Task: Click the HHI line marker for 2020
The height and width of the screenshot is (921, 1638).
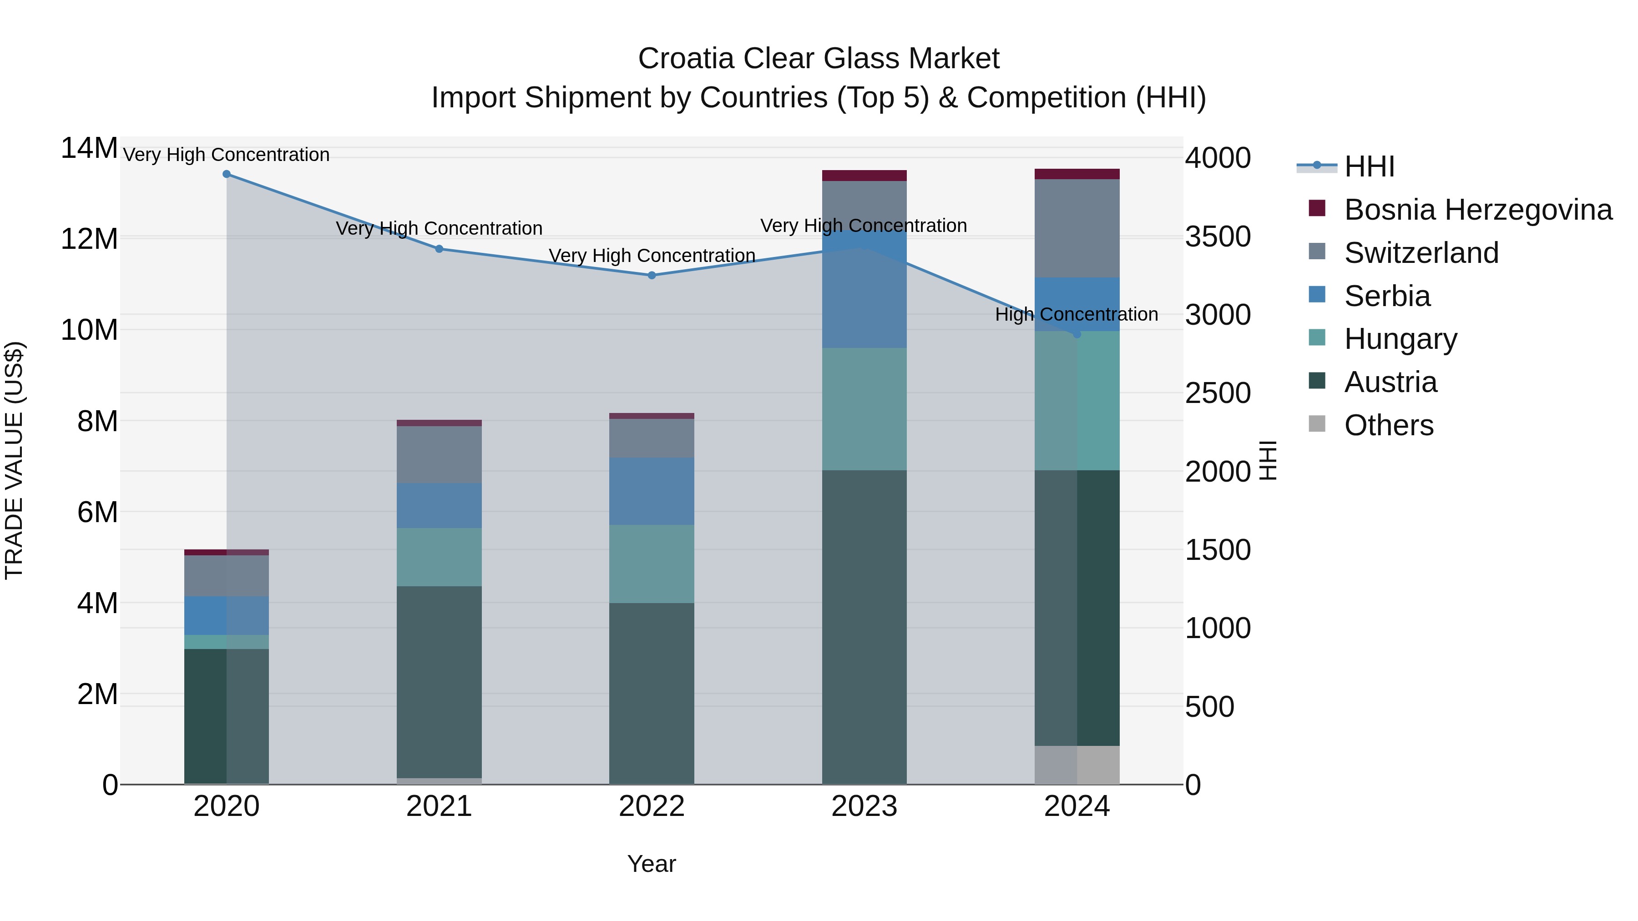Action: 227,174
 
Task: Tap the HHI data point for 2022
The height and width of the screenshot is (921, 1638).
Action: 652,275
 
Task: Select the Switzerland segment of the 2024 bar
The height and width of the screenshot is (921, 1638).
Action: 1077,228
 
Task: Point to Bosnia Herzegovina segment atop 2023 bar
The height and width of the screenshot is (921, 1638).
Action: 864,176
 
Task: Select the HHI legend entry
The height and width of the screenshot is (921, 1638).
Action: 1369,166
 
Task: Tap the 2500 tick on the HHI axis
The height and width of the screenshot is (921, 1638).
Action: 1218,393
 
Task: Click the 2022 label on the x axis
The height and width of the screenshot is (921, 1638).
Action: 652,806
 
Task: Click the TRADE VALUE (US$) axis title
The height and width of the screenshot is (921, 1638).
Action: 15,460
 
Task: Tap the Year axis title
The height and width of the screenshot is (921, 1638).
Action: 652,864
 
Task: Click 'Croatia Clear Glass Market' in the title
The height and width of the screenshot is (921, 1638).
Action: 819,59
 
